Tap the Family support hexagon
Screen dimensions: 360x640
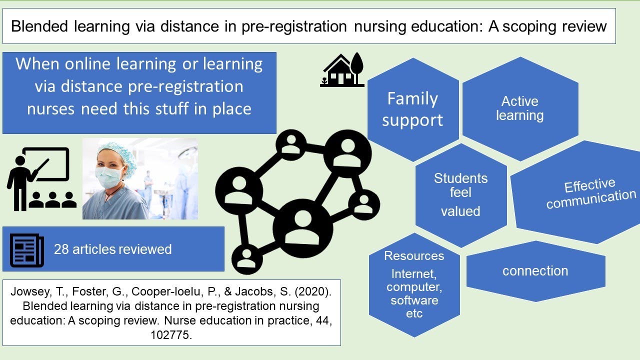click(x=412, y=109)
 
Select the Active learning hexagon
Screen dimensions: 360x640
click(x=519, y=108)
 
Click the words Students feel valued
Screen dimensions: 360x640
click(x=460, y=194)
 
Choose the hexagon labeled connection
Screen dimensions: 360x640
click(x=535, y=271)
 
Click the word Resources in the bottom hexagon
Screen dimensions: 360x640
click(x=414, y=256)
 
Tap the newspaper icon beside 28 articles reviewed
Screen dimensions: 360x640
click(x=27, y=249)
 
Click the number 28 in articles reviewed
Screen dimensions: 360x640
click(x=61, y=249)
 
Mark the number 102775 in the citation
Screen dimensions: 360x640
click(x=171, y=335)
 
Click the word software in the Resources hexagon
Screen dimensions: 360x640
click(x=414, y=300)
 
